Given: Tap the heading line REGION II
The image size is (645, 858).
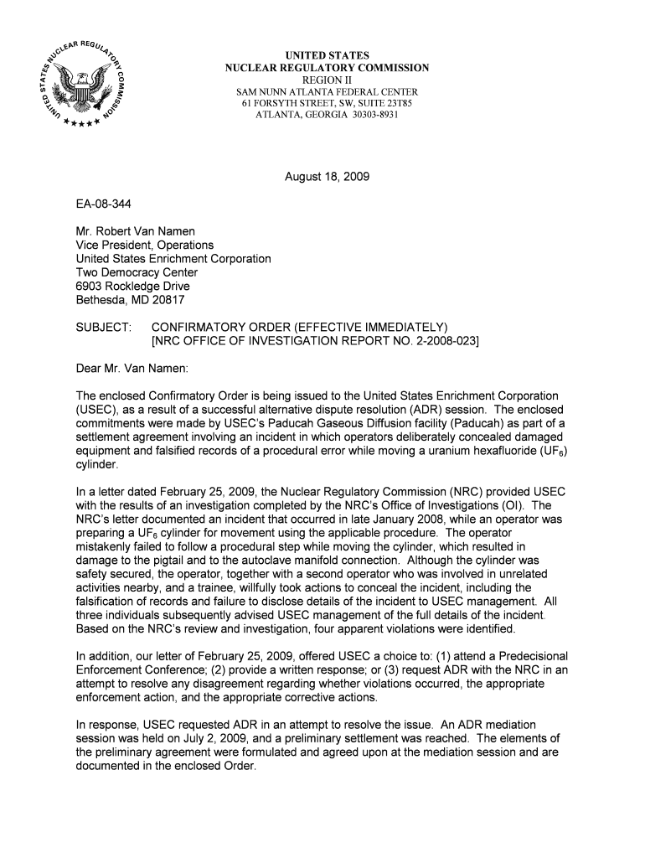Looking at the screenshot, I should click(x=327, y=80).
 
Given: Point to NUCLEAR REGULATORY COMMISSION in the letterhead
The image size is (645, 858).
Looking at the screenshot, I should click(x=327, y=68).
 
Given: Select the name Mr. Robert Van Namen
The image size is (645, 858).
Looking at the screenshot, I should click(x=136, y=232).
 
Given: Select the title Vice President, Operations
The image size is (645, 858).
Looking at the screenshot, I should click(x=145, y=246).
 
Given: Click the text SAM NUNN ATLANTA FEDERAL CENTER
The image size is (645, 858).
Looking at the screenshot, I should click(x=327, y=91).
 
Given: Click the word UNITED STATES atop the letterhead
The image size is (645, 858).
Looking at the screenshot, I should click(x=327, y=56).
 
